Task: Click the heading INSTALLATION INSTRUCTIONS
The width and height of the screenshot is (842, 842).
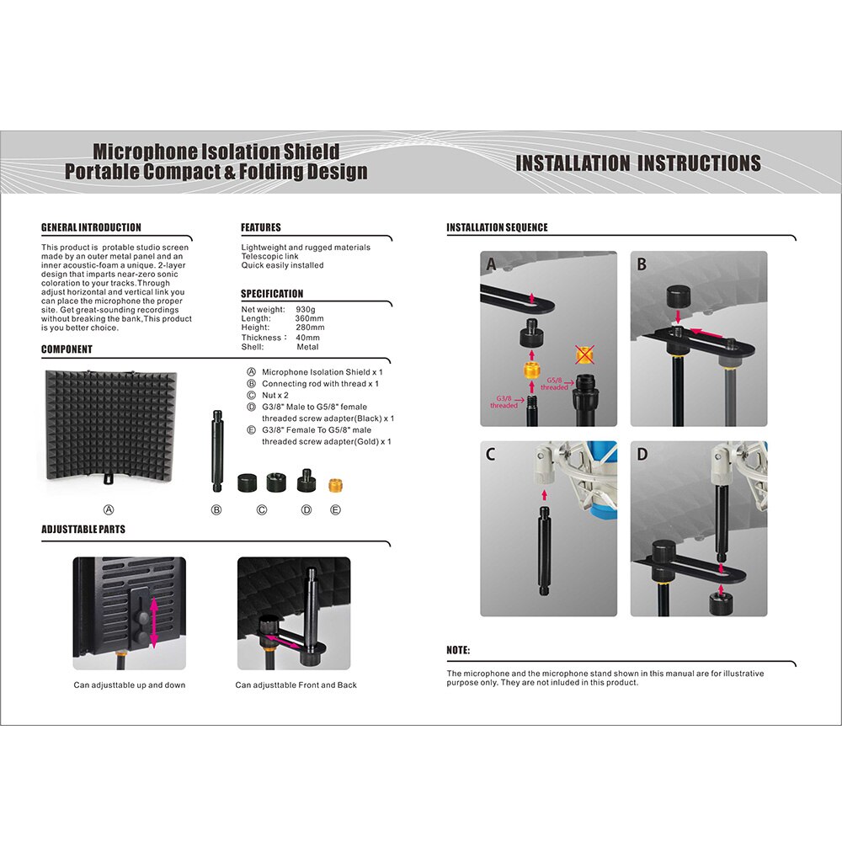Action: (x=637, y=163)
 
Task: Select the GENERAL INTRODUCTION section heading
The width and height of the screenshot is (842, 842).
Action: (x=91, y=227)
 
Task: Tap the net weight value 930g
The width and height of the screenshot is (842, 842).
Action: (x=305, y=310)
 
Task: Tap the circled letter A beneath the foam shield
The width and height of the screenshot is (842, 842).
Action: (x=108, y=509)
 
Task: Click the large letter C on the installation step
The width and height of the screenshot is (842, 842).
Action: (x=491, y=456)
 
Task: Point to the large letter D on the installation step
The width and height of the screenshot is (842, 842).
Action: (x=642, y=456)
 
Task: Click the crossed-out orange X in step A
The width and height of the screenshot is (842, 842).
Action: (x=584, y=353)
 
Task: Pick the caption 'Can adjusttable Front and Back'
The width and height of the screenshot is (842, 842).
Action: (x=296, y=685)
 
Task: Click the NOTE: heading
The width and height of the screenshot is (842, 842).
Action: (x=458, y=650)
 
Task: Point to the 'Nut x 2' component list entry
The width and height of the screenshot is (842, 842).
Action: (x=275, y=395)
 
